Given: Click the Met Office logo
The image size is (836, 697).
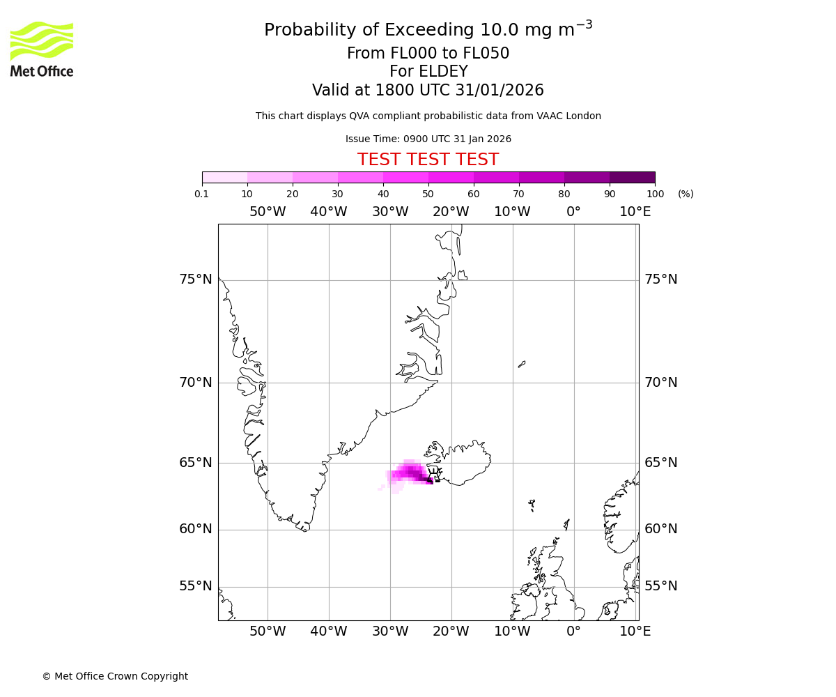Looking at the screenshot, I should point(42,49).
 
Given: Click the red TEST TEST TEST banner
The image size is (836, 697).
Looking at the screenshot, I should point(428,160).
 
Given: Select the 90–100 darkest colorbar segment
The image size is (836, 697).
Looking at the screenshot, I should point(632,177).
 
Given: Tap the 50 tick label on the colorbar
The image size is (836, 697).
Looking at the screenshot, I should point(428,194).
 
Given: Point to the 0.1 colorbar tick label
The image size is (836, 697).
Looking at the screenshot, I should point(202,194).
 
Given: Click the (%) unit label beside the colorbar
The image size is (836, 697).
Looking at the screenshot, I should point(686,194).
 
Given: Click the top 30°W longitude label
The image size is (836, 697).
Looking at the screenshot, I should point(390,212).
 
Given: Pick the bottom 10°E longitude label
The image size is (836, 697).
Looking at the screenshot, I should point(635,631).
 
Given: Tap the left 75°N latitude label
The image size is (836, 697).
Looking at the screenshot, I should point(195,279).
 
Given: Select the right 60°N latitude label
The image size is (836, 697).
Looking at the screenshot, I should point(660,529).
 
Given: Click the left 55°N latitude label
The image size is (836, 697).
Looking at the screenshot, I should point(195,586).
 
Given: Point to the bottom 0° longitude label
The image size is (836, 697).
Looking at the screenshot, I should point(573,631).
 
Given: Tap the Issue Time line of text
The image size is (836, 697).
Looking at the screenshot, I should point(428,139).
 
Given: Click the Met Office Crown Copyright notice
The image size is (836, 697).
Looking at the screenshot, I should point(115,676).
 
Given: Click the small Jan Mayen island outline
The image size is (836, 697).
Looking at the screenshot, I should point(522,363).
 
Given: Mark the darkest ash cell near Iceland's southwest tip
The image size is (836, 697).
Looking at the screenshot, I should point(429,480).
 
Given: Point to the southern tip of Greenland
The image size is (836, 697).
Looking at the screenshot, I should point(304,530).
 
